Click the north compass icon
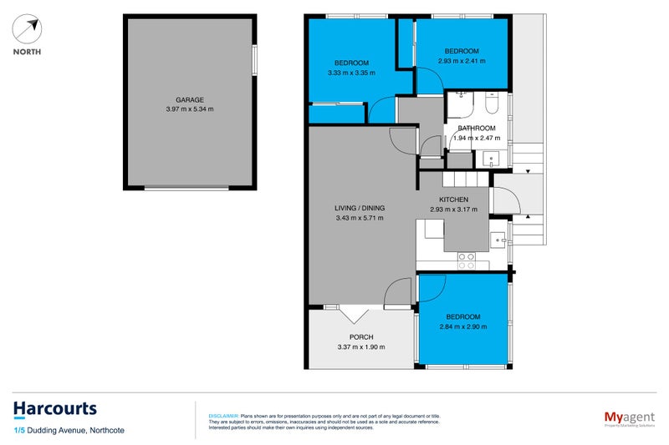coord(28,30)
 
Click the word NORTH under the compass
coord(28,52)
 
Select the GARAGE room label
coord(189,99)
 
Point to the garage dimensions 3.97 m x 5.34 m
coord(189,109)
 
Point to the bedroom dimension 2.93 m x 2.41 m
coord(462,61)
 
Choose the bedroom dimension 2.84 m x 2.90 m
coord(462,326)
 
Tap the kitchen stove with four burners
coord(466,261)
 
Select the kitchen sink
coord(498,240)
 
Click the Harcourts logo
coord(54,409)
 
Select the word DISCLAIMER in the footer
coord(222,415)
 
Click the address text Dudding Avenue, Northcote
coord(76,429)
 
